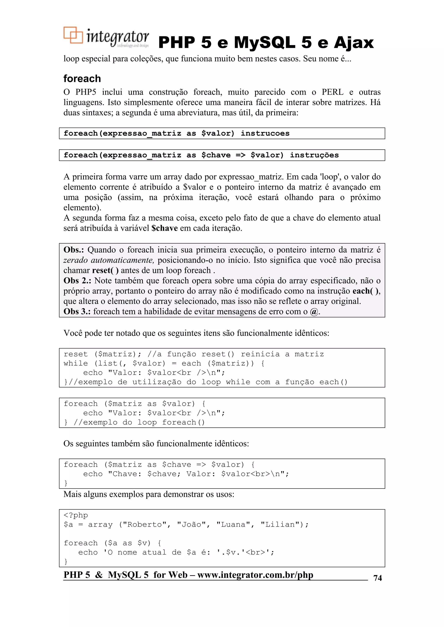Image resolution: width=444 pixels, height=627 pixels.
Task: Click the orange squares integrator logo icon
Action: (x=73, y=35)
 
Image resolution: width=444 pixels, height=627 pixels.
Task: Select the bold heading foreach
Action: (x=82, y=79)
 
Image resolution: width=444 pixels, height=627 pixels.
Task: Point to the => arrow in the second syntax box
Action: (x=240, y=155)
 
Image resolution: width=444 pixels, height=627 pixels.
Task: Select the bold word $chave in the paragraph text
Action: (x=164, y=228)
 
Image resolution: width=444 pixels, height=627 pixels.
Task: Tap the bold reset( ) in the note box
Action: (x=105, y=270)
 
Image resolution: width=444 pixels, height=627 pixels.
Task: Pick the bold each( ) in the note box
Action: (x=366, y=291)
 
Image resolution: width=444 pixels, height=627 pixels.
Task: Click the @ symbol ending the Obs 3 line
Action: (x=314, y=312)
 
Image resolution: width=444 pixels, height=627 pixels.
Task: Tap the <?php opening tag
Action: (x=76, y=515)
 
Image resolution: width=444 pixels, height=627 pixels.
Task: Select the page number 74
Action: (x=377, y=578)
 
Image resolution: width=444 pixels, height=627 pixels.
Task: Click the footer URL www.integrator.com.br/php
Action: (x=255, y=575)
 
